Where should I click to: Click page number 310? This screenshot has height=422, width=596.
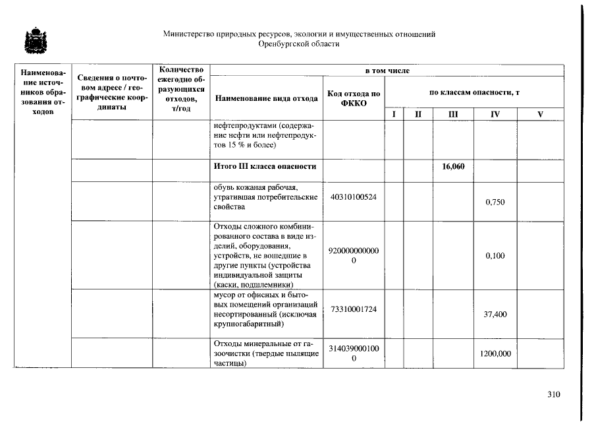tap(553, 395)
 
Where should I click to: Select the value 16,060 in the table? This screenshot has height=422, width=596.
tap(453, 166)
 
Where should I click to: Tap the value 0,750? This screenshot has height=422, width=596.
tap(495, 202)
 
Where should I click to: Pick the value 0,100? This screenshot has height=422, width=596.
tap(495, 255)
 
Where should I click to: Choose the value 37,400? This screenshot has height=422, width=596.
tap(495, 315)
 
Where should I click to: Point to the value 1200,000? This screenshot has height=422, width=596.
tap(495, 354)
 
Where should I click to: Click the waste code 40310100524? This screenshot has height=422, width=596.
tap(354, 197)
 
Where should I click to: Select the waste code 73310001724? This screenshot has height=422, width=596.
tap(354, 309)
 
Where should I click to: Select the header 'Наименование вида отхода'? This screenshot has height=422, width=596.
tap(265, 98)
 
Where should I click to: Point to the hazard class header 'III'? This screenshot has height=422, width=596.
tap(453, 114)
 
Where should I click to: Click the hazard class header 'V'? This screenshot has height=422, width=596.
tap(540, 114)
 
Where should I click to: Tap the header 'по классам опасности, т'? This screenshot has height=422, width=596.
tap(474, 92)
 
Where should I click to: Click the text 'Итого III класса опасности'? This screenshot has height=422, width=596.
tap(265, 166)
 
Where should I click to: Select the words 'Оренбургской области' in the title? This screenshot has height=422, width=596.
tap(300, 44)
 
